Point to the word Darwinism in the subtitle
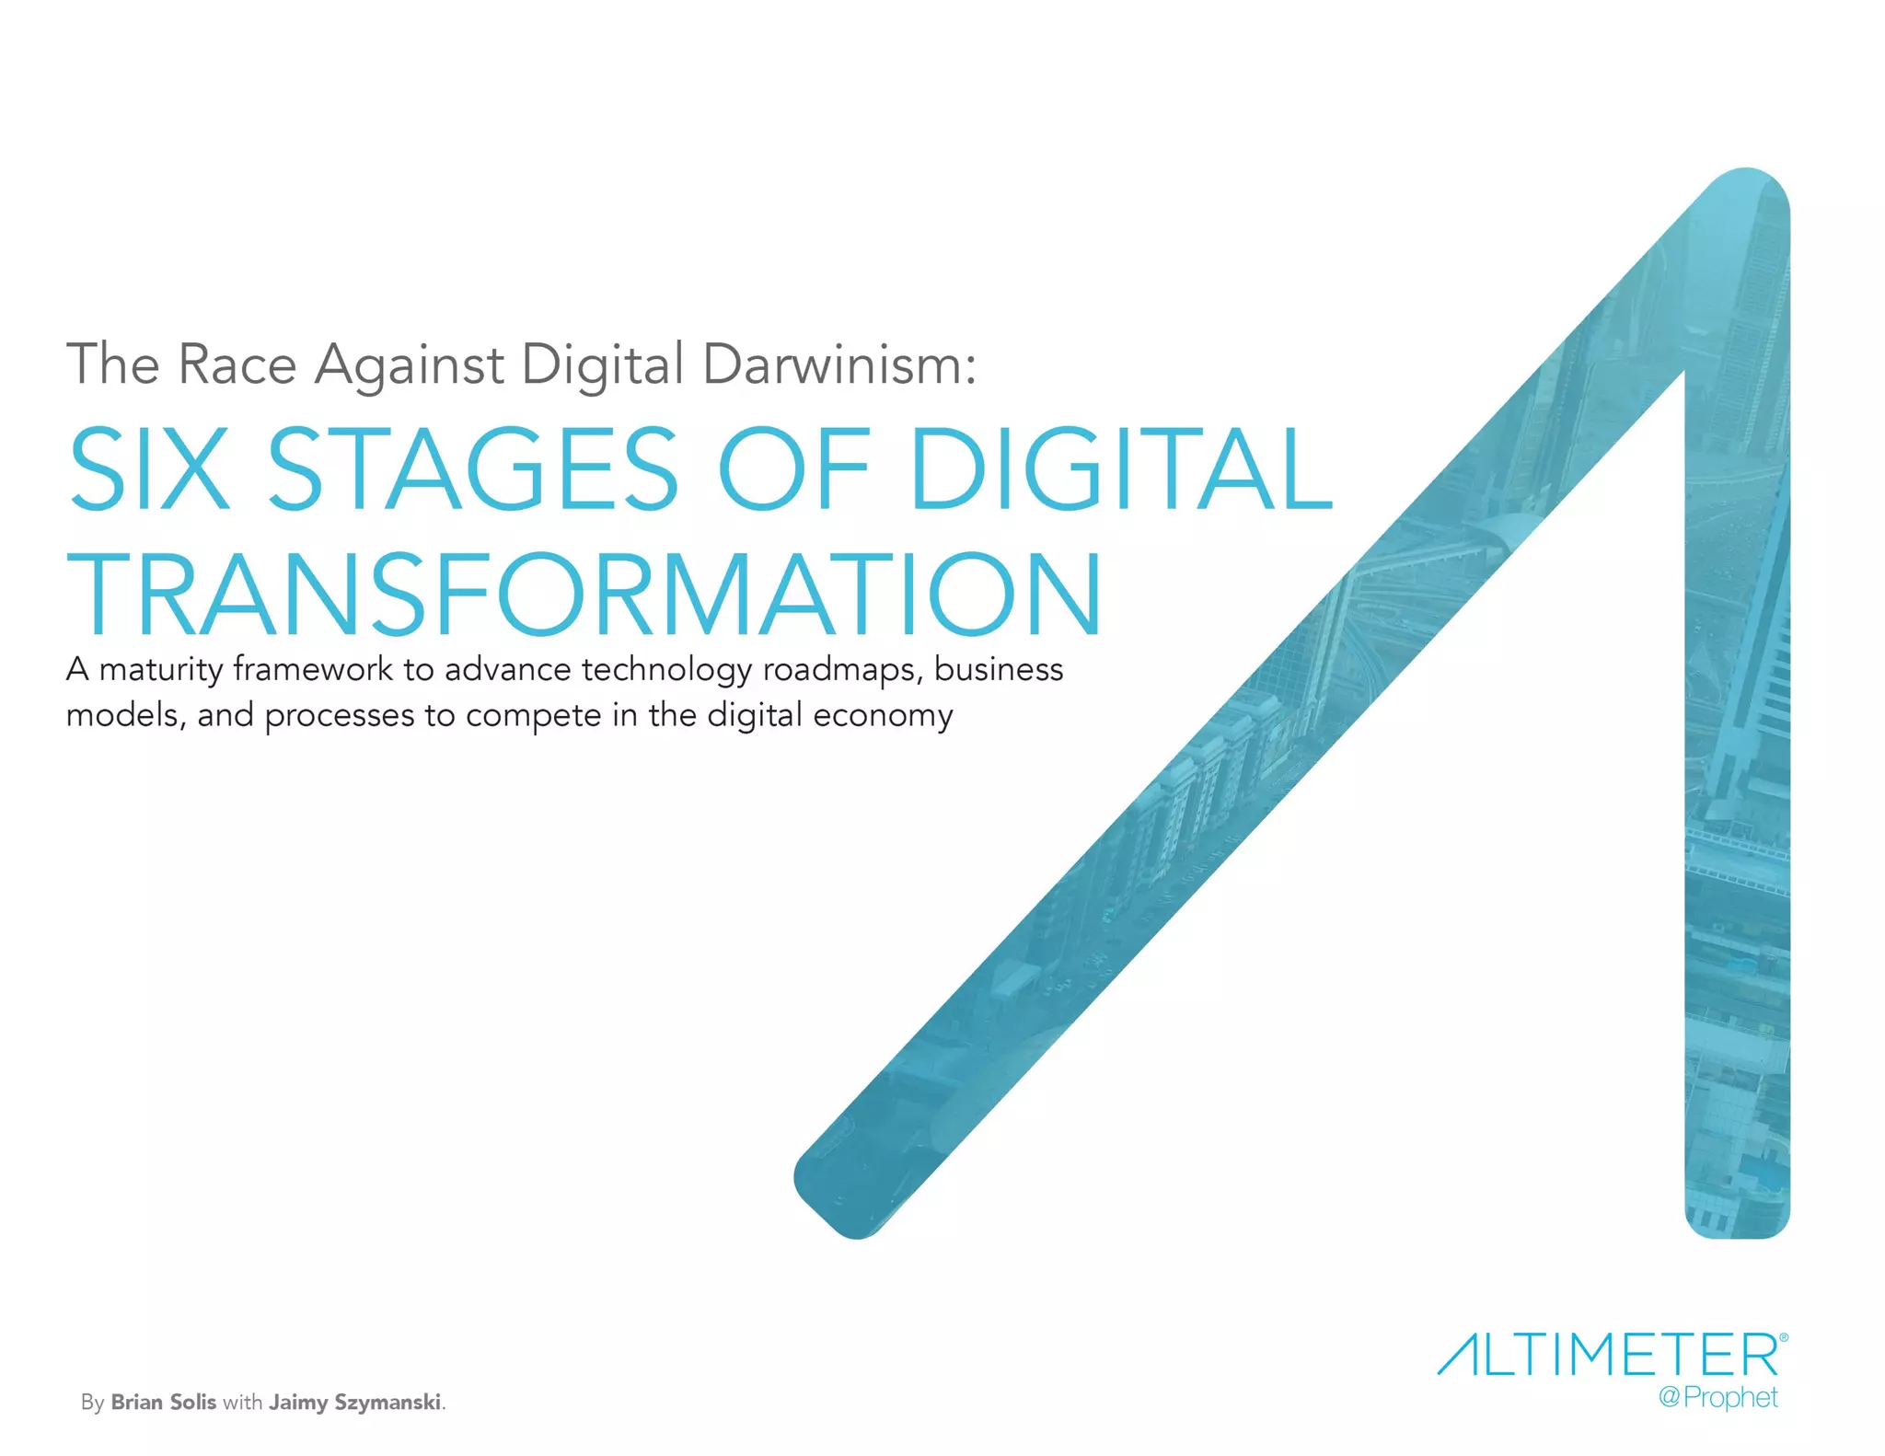tap(838, 364)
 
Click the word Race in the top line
tap(237, 364)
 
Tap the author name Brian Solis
tap(163, 1402)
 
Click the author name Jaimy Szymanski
tap(354, 1403)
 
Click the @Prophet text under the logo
tap(1717, 1398)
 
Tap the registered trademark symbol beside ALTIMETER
tap(1784, 1335)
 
